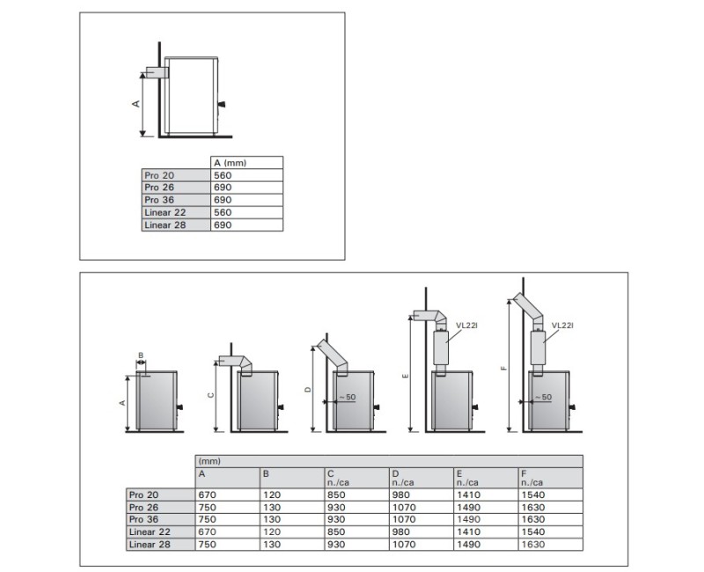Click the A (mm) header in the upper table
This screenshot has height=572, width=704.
(x=230, y=163)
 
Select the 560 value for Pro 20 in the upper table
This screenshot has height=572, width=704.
(x=223, y=175)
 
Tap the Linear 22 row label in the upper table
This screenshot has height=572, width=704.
(x=165, y=212)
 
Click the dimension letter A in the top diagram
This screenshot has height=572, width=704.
(x=136, y=104)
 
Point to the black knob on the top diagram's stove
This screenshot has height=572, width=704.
(x=221, y=105)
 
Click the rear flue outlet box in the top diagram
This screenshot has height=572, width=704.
(x=158, y=73)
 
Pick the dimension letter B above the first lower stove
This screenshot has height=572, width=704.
(x=141, y=356)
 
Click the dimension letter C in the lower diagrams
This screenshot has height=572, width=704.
(x=211, y=395)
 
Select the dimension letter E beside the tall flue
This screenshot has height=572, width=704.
(x=406, y=376)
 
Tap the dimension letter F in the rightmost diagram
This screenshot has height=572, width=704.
(x=503, y=369)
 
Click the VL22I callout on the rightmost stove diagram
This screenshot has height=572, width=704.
(x=562, y=326)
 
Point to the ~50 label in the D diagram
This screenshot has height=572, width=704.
(x=347, y=398)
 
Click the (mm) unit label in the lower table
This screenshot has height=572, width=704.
(x=209, y=461)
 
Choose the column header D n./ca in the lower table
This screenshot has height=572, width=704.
(x=402, y=478)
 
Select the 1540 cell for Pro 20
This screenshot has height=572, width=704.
(x=533, y=495)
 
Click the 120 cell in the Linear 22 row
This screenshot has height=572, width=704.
(x=272, y=532)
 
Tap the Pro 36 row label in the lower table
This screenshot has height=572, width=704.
(x=143, y=519)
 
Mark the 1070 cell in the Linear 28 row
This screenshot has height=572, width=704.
(x=404, y=544)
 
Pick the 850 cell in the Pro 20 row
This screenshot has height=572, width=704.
(x=336, y=495)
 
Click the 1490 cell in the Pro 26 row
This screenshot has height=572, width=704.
(x=468, y=508)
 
